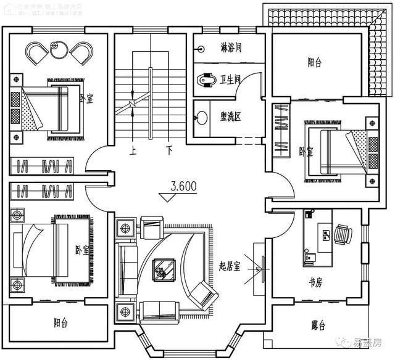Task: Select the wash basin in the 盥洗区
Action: [x=201, y=117]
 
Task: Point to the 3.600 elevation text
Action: [x=183, y=186]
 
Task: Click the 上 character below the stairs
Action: [x=132, y=150]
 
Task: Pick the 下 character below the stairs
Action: [x=168, y=150]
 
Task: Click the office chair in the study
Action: [x=342, y=235]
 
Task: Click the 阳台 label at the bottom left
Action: [x=60, y=322]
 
